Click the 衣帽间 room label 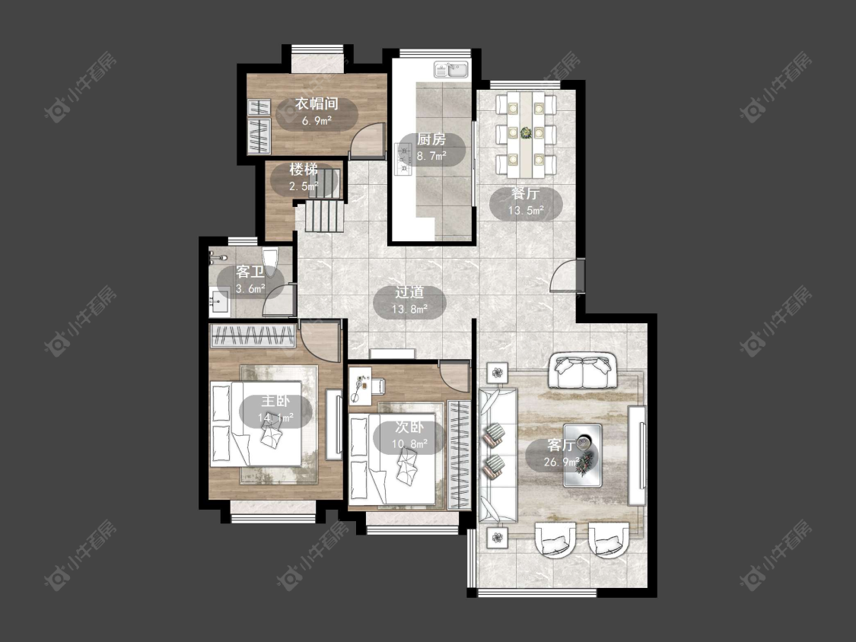tap(317, 103)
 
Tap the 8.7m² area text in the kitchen tap(431, 156)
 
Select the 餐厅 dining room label tap(526, 194)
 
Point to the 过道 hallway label tap(409, 293)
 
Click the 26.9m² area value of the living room tap(562, 462)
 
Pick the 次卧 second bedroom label tap(409, 427)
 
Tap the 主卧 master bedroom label tap(275, 402)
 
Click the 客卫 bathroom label tap(250, 272)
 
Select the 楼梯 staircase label tap(304, 170)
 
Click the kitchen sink tap(451, 70)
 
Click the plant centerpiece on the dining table tap(526, 132)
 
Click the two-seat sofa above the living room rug tap(583, 370)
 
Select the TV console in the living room tap(637, 456)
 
